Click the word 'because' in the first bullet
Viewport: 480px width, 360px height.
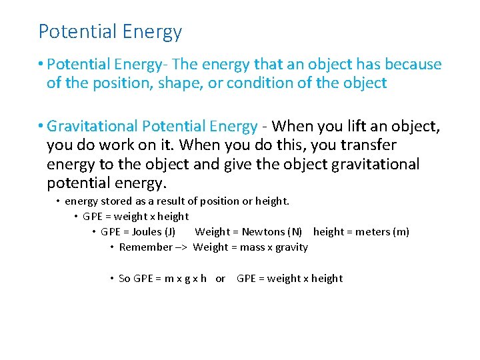coord(413,64)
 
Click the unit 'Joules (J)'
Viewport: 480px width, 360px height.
coord(154,232)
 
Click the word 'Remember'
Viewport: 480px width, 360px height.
coord(146,247)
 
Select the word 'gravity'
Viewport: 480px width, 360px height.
coord(291,247)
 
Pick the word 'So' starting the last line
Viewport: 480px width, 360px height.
coord(125,279)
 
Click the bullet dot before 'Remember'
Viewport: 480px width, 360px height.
coord(111,247)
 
